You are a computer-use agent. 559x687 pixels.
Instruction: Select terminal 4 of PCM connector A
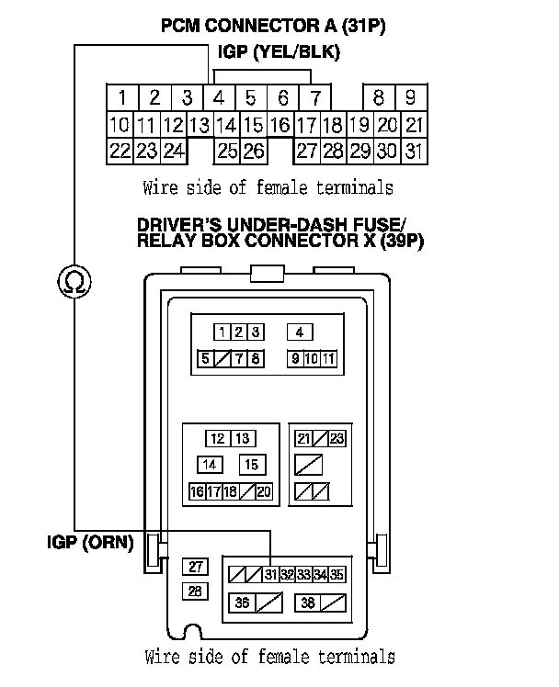click(x=220, y=97)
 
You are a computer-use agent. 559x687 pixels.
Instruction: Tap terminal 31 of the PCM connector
click(x=414, y=152)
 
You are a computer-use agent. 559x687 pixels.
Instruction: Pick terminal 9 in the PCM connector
click(x=411, y=97)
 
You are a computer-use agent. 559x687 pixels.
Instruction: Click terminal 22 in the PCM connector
click(x=120, y=152)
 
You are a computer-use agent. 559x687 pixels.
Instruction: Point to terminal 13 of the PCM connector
click(x=199, y=125)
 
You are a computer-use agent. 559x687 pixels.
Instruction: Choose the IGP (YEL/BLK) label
click(x=278, y=53)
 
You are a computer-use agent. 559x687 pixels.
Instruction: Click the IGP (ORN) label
click(x=89, y=542)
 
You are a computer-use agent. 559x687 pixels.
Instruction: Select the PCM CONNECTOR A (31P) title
click(x=273, y=27)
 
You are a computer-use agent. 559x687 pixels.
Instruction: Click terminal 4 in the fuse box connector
click(x=300, y=332)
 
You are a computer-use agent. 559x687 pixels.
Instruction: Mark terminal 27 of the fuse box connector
click(x=196, y=567)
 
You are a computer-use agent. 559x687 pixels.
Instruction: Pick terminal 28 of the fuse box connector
click(x=196, y=591)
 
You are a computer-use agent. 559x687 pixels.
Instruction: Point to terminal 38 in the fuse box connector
click(x=308, y=603)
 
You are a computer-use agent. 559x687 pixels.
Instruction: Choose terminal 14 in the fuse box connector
click(x=211, y=465)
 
